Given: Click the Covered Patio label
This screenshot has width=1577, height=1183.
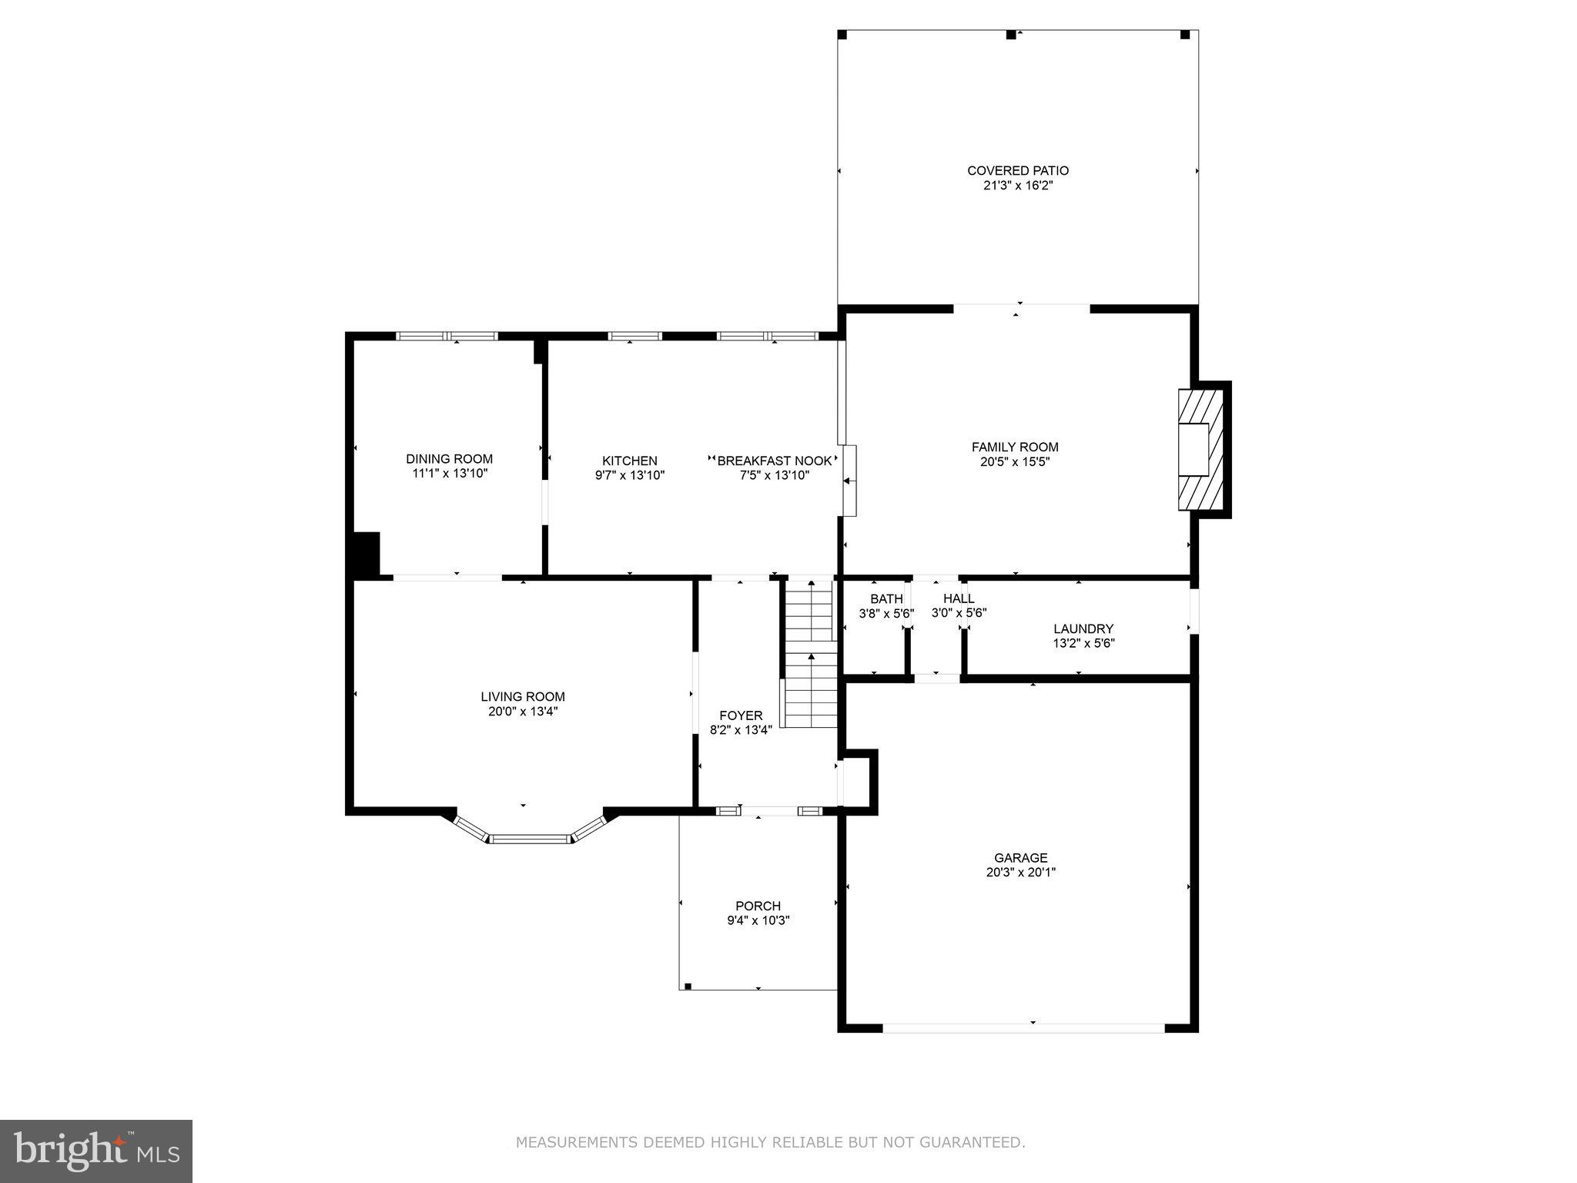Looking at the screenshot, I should point(1017,170).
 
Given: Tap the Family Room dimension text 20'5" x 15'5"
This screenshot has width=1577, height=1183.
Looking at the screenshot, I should point(1015,462).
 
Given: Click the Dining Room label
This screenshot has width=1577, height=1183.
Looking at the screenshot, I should point(449,459).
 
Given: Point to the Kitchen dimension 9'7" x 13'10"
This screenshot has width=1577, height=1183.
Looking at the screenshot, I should point(629,475).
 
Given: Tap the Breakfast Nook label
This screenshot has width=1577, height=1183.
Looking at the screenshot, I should point(774,461).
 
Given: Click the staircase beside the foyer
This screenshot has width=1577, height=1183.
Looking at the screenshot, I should point(809,655).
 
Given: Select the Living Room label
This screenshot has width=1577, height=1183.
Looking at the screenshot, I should point(522,696).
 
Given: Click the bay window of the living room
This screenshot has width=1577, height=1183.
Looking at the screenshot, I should point(530,838).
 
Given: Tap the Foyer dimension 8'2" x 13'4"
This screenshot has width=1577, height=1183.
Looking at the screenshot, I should point(740,730).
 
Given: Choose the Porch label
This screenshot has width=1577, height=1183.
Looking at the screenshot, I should point(758,906).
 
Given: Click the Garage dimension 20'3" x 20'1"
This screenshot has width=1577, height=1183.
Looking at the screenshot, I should point(1020,873).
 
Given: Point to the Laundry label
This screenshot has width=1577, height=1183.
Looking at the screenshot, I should point(1083,628).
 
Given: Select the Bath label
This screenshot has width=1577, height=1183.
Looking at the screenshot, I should point(886,598).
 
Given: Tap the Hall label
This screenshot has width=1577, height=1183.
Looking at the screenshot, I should point(959,598).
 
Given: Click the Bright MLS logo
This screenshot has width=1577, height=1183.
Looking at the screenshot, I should point(95,1151).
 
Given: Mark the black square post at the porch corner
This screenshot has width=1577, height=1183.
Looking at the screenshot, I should point(688,985).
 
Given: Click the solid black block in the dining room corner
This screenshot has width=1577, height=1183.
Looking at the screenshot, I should point(366,553).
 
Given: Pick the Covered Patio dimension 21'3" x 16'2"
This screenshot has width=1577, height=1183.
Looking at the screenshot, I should point(1017,186).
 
